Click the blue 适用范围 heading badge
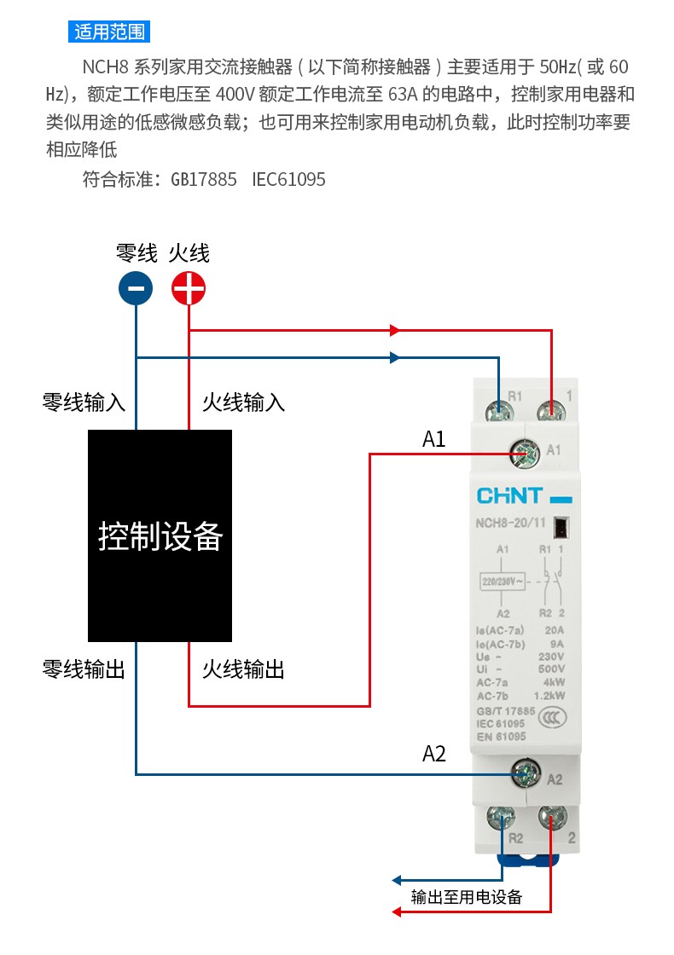(109, 32)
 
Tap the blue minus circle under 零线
(136, 288)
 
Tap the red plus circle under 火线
(189, 288)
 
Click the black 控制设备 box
(160, 535)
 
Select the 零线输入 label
(84, 402)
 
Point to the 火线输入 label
(243, 402)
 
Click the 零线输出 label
(84, 669)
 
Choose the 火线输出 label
(243, 669)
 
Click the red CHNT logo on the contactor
(509, 496)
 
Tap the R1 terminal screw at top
(499, 412)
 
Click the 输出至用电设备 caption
(467, 896)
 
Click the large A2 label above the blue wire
(434, 754)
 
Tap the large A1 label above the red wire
(434, 439)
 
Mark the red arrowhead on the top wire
(395, 330)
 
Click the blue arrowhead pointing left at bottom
(397, 880)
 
